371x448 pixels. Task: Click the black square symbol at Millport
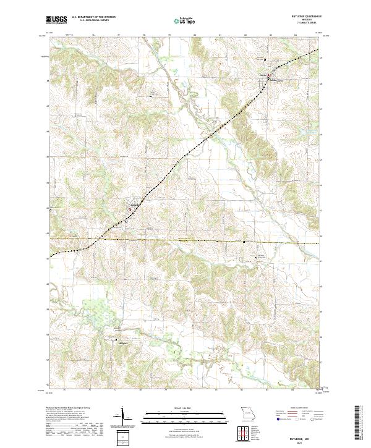[x=113, y=339]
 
